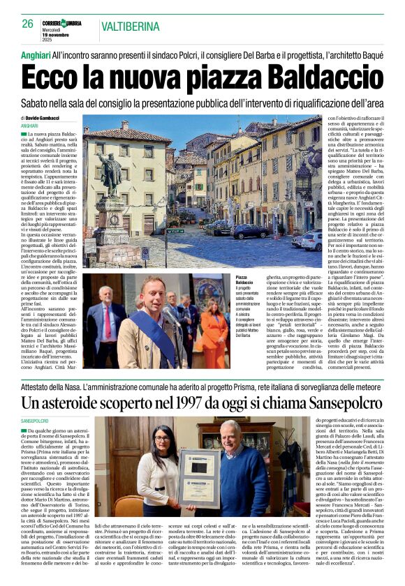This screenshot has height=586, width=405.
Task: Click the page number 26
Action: [x=27, y=24]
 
